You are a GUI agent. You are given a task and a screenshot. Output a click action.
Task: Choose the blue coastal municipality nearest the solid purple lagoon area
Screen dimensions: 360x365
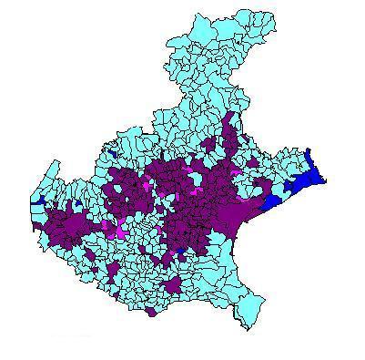click(272, 203)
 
